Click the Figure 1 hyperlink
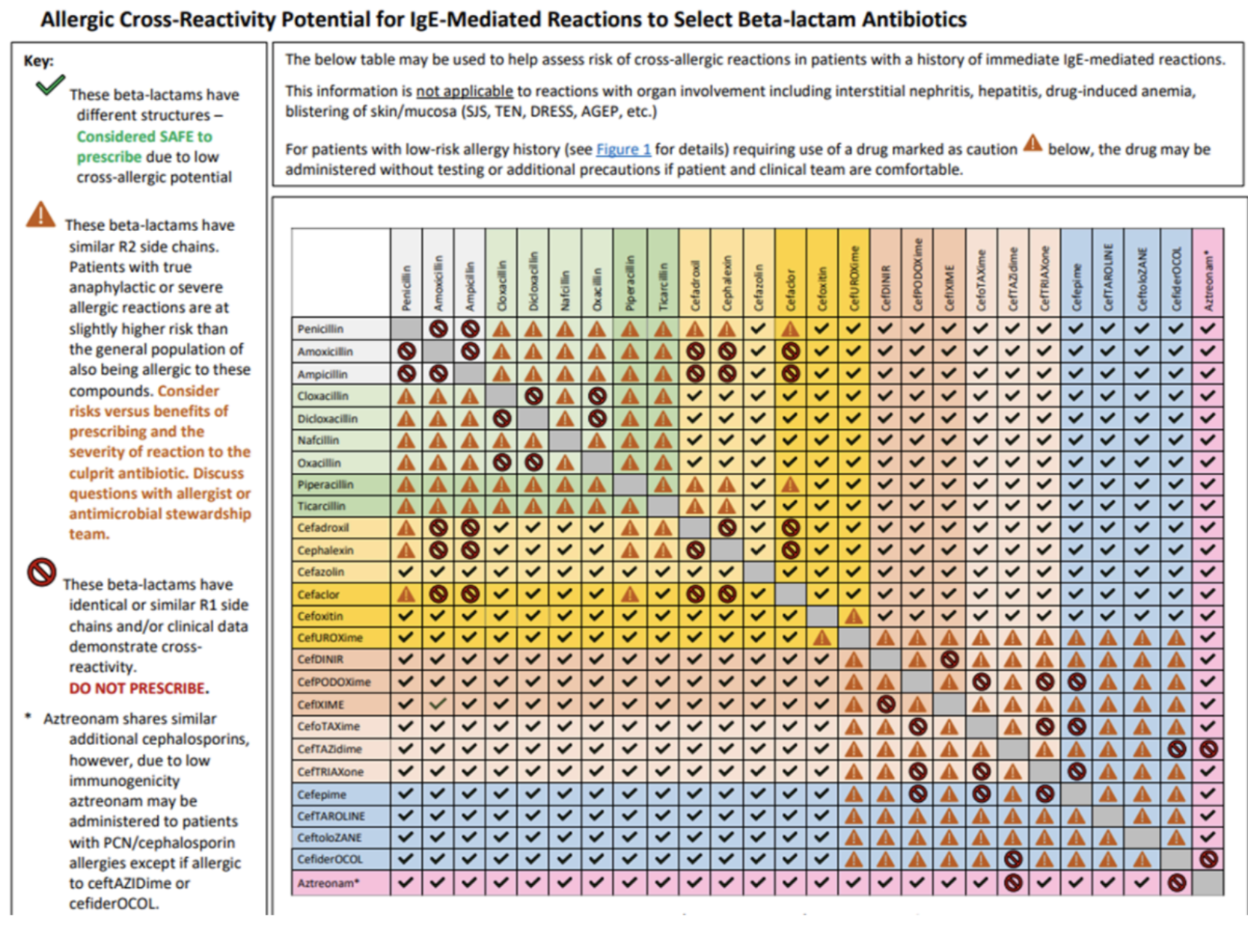point(623,150)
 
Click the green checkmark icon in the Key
point(49,86)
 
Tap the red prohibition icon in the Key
point(41,573)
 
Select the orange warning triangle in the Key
point(40,215)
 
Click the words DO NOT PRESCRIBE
point(138,688)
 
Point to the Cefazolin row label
point(321,572)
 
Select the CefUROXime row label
point(330,638)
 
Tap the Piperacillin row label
point(325,485)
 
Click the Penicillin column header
point(406,288)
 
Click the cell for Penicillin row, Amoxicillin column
point(438,328)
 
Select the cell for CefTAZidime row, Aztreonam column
point(1208,749)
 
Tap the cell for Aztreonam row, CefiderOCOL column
point(1176,883)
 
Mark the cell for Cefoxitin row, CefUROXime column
point(853,616)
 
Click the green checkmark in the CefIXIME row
point(438,704)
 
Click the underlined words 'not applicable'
point(464,91)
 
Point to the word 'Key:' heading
point(39,61)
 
